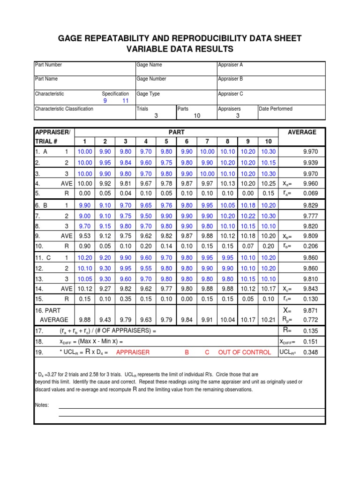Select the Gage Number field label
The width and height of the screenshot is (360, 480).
[151, 79]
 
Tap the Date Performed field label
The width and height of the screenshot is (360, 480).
[276, 109]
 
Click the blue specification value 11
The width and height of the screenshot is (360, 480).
[125, 101]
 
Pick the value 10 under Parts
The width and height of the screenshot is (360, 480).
[197, 116]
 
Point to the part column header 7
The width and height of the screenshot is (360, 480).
[207, 142]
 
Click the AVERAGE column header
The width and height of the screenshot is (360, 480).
[302, 133]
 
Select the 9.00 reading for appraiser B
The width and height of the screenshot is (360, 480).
[85, 216]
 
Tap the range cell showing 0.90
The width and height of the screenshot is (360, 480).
[85, 246]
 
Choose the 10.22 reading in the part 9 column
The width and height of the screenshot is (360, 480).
[248, 216]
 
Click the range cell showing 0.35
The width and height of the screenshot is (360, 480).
[126, 299]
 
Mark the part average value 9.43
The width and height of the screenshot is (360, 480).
[105, 320]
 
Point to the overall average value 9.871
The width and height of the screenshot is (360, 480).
[310, 311]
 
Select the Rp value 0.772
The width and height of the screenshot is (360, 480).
[310, 320]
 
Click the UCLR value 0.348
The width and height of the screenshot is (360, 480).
[310, 352]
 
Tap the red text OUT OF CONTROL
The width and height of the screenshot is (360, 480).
[244, 352]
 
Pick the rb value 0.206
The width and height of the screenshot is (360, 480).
[310, 246]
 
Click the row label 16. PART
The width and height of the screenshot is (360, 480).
[47, 311]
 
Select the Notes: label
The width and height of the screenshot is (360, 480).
[42, 405]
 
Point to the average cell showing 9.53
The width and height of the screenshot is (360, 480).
[85, 236]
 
